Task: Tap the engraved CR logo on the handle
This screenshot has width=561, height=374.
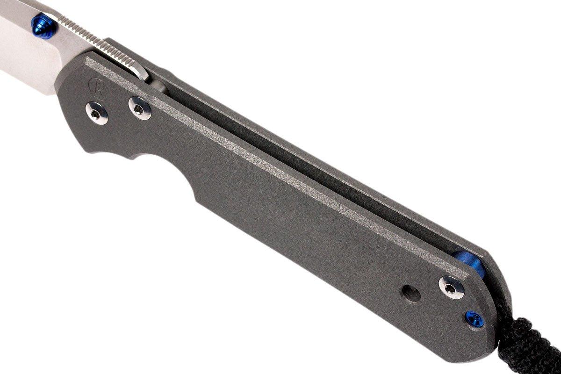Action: pos(97,87)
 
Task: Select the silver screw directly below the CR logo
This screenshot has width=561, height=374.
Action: pos(97,113)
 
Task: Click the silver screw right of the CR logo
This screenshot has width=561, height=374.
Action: pos(139,108)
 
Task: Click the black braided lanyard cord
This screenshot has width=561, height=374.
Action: pos(533,341)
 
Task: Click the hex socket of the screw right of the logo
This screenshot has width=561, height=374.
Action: pos(139,108)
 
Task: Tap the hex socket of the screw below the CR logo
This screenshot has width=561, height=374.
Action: pos(97,113)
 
